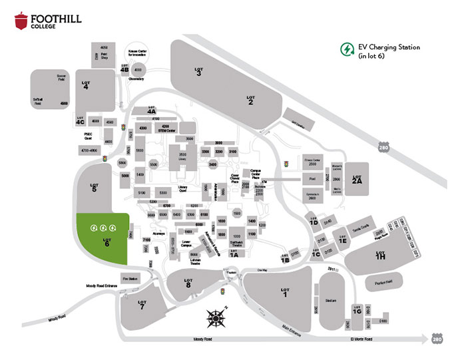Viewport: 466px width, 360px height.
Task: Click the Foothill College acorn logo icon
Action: click(x=21, y=21)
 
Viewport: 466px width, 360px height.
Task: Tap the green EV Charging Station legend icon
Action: click(x=346, y=50)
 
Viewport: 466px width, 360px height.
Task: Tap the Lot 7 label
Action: click(x=141, y=305)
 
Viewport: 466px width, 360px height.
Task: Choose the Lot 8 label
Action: click(x=188, y=283)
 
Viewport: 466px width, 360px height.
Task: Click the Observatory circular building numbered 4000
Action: click(x=138, y=70)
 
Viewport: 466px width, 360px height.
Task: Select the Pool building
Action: click(x=312, y=179)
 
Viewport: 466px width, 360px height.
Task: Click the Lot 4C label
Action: click(x=81, y=121)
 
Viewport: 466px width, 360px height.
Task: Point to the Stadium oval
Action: click(x=330, y=301)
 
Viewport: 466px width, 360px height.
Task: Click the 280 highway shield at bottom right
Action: click(x=437, y=339)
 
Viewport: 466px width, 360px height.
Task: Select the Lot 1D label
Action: click(x=314, y=222)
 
